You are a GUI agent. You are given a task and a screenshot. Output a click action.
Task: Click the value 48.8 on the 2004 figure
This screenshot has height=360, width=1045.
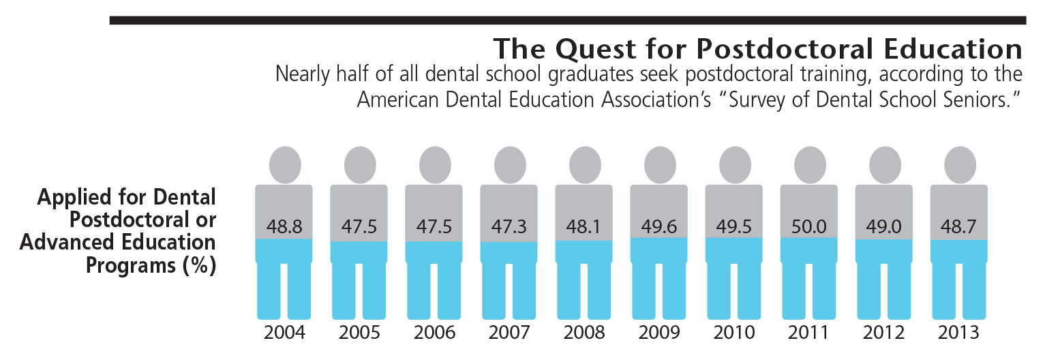click(x=284, y=226)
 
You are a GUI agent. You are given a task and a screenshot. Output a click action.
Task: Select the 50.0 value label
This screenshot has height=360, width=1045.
click(x=808, y=226)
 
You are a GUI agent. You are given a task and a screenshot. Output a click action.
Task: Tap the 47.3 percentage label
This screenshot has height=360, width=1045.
click(x=509, y=226)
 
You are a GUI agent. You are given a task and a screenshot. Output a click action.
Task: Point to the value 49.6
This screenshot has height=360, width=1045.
click(x=658, y=226)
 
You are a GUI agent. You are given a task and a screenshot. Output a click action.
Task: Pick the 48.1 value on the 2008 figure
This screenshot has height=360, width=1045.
click(x=584, y=226)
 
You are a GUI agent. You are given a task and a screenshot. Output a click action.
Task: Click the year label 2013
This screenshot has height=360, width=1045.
click(x=958, y=333)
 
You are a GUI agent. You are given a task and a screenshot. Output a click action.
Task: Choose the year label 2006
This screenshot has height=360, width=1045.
click(x=434, y=333)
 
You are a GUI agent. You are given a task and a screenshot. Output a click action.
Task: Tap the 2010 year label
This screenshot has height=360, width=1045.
click(x=733, y=333)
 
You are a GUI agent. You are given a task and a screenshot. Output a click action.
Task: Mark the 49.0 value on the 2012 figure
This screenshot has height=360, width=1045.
click(x=883, y=226)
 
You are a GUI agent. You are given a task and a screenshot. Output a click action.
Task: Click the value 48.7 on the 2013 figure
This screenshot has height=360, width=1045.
click(x=958, y=226)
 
